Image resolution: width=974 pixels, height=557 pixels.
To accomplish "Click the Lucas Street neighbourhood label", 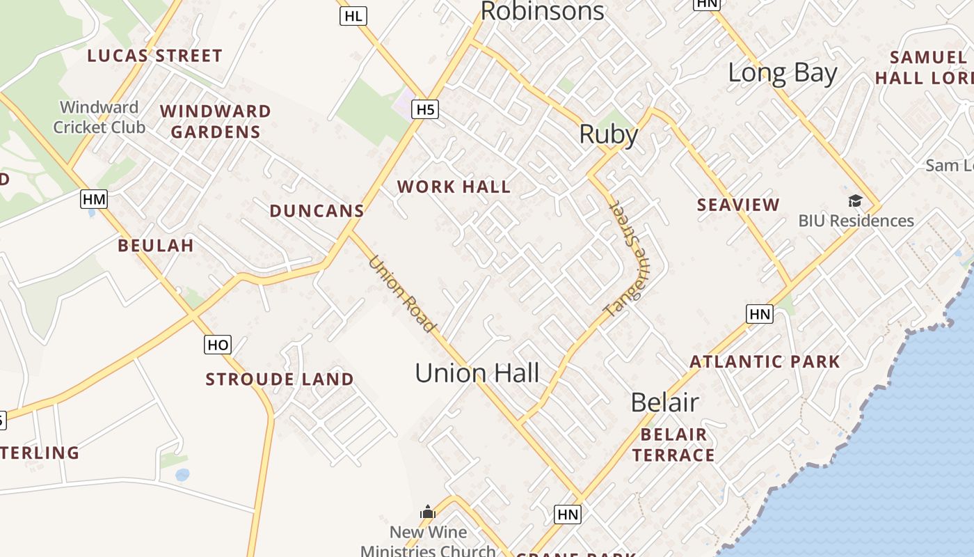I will (154, 56).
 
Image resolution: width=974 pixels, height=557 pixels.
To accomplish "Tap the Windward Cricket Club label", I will (99, 117).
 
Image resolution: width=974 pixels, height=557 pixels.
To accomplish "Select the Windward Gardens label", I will (216, 121).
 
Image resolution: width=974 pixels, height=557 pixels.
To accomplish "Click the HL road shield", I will (353, 16).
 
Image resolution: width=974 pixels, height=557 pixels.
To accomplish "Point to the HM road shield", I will (94, 200).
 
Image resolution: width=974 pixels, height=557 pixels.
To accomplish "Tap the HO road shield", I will (218, 345).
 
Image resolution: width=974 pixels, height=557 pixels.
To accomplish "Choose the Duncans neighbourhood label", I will (317, 211).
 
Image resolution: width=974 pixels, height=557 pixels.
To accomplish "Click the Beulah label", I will (156, 245).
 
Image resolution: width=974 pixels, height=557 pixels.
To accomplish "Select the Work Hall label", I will (454, 187).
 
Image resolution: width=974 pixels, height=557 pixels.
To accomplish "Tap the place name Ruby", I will (609, 134).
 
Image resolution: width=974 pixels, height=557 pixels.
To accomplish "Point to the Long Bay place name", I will (782, 72).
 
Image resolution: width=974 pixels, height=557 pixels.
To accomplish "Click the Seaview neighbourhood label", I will (738, 205).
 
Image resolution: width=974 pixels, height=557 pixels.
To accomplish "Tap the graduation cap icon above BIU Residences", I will (855, 201).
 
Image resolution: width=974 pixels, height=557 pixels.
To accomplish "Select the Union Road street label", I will (402, 294).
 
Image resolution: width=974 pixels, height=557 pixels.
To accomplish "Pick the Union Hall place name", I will (477, 373).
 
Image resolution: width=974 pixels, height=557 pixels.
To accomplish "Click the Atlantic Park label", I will (765, 362).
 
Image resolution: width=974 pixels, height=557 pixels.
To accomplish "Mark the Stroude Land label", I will (280, 379).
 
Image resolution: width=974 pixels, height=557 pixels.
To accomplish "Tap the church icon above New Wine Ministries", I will (428, 513).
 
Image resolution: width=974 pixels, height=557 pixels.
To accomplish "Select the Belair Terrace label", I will (673, 445).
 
